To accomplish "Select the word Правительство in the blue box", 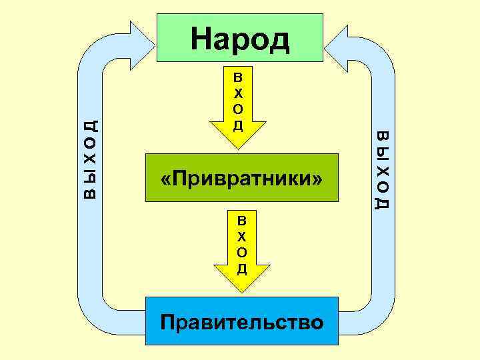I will (x=242, y=322).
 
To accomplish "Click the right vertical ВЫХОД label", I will (x=383, y=169).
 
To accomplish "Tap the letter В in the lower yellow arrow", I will (x=242, y=221).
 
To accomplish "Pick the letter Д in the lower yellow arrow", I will (x=242, y=269).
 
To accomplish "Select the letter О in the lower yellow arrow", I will (x=242, y=252).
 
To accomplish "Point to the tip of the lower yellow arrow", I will (x=242, y=292).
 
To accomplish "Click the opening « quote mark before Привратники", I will (x=165, y=179).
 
